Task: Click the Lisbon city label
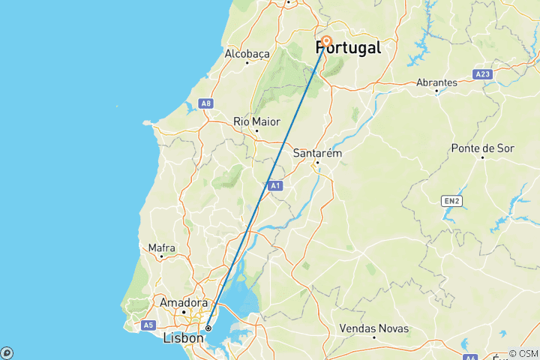click(x=184, y=338)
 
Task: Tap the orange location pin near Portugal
click(x=326, y=43)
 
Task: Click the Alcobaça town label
click(x=247, y=54)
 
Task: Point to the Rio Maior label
click(x=256, y=121)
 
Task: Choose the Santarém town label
click(x=317, y=153)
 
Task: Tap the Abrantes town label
click(x=436, y=82)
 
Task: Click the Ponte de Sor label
click(x=482, y=148)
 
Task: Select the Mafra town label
click(x=162, y=247)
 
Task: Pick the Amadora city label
click(x=183, y=302)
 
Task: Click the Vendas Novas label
click(x=374, y=328)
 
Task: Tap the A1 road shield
click(x=275, y=184)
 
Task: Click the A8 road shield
click(x=205, y=103)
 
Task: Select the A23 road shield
click(x=482, y=74)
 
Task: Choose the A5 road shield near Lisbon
click(x=147, y=325)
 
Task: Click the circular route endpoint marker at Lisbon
click(x=208, y=328)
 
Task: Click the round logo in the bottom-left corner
click(x=7, y=352)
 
